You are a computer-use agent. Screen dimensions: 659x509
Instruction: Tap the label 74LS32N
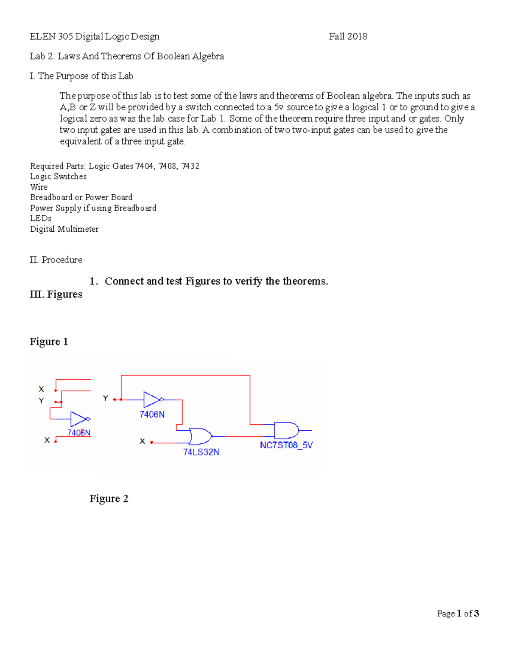(201, 452)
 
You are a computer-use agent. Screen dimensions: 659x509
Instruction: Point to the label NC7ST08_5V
(286, 445)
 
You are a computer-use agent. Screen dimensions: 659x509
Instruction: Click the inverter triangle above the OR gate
(152, 400)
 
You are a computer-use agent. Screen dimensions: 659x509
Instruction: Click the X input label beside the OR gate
(142, 442)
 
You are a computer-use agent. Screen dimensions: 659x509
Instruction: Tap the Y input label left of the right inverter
(105, 398)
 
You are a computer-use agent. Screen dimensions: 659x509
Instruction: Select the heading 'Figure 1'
(49, 342)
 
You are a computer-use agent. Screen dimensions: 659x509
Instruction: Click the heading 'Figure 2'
(109, 499)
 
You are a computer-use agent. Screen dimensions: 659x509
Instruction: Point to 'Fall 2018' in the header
(348, 36)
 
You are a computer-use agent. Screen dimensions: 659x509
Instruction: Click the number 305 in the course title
(65, 36)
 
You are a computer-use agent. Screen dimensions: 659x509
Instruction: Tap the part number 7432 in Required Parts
(190, 166)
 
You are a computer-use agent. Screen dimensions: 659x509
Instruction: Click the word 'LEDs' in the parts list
(41, 219)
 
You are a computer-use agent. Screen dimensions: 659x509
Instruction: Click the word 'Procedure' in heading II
(62, 260)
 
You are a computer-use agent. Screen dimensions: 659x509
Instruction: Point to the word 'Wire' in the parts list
(39, 187)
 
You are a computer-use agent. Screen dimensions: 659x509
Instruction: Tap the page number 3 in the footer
(476, 614)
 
